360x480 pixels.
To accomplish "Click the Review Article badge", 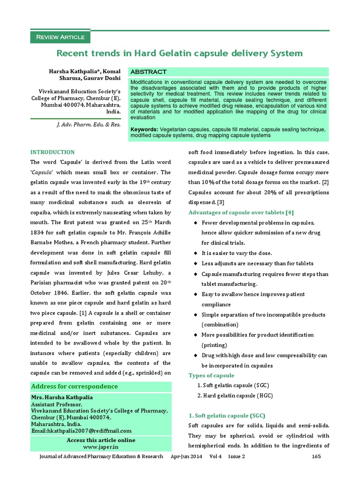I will point(60,37).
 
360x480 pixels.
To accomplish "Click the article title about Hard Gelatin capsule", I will point(180,53).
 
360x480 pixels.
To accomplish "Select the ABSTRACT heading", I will point(148,72).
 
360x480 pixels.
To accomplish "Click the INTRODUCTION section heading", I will point(52,152).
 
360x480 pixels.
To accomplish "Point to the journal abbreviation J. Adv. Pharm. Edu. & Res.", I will point(89,125).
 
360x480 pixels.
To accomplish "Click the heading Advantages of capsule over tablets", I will point(240,213).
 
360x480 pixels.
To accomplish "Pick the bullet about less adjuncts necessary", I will point(257,263).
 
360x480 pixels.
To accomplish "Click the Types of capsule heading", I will point(211,375).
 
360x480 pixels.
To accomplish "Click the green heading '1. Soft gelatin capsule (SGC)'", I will point(226,416).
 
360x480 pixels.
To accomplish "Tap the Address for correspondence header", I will point(74,387).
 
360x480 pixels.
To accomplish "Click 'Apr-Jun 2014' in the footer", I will point(187,456).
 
